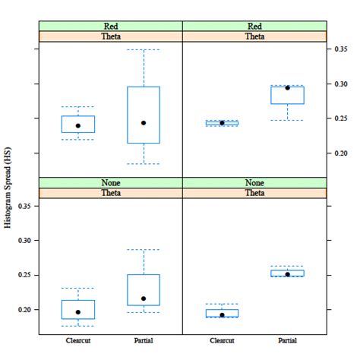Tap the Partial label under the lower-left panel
coord(144,340)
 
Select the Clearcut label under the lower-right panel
coord(222,340)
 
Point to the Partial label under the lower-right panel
coord(288,340)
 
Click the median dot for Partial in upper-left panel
coord(144,123)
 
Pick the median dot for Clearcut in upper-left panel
coord(77,125)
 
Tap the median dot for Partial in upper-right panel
coord(288,88)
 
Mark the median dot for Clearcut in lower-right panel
coord(222,314)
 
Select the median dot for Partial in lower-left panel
coord(144,298)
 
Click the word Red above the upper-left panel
coord(110,26)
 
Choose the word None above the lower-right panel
coord(254,182)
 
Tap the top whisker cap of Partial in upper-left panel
coord(144,50)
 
